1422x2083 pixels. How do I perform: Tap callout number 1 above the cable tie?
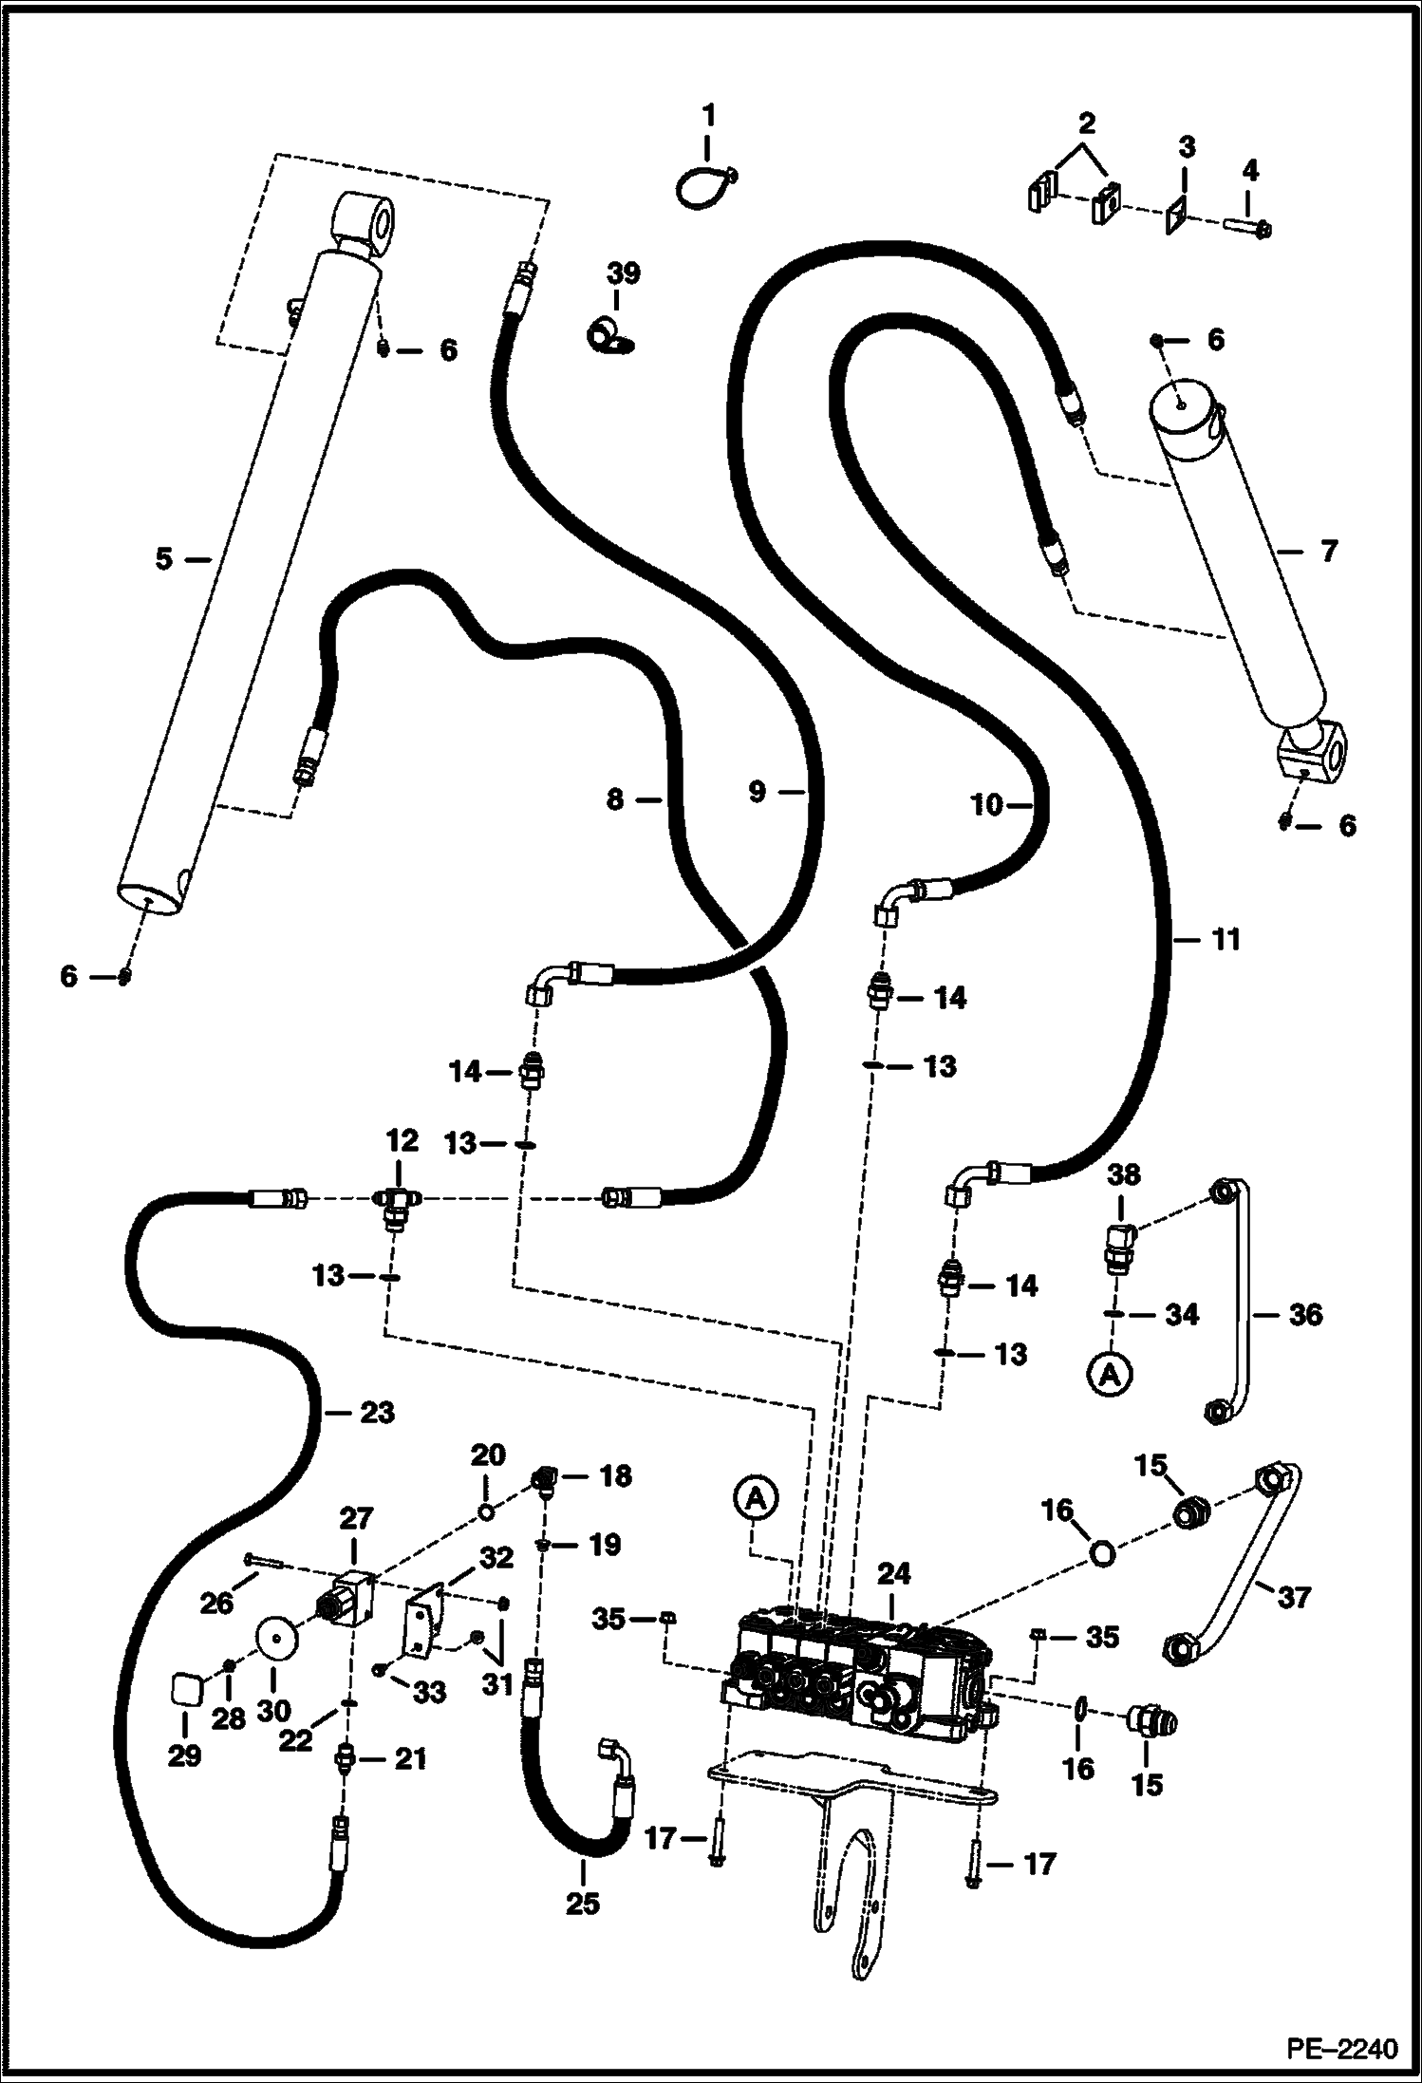click(708, 118)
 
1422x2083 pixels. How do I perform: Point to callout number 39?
click(624, 274)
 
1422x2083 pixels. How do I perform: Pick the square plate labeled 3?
click(1178, 215)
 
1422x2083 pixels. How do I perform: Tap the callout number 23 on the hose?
click(377, 1413)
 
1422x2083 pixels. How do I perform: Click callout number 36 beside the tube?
click(1305, 1315)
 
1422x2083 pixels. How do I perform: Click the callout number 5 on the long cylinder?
click(164, 559)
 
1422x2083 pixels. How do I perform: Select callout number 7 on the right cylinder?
click(1328, 550)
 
